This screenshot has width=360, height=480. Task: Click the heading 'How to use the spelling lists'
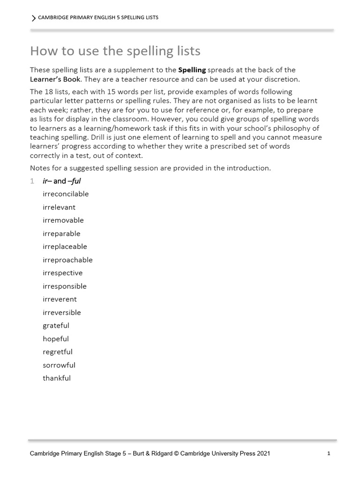115,51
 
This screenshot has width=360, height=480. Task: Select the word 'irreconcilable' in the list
66,194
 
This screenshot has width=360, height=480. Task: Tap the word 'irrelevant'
59,207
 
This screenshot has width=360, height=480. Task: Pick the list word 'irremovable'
63,220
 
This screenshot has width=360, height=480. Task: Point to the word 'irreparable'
61,233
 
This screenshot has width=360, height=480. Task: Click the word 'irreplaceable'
65,247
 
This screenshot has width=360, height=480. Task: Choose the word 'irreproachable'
67,260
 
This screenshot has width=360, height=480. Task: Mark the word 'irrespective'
62,273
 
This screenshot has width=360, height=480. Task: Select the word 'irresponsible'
65,286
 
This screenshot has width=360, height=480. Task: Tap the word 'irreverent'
60,299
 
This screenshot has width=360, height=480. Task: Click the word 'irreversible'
62,312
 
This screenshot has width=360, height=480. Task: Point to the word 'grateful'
56,325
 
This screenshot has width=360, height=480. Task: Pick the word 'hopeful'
56,338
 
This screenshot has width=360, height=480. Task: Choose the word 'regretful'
58,352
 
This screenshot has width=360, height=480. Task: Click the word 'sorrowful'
59,365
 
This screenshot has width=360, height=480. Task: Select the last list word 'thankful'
57,378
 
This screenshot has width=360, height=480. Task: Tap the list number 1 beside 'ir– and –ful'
32,181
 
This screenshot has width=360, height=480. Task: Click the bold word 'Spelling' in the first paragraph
192,70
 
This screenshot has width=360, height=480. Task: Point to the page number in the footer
329,453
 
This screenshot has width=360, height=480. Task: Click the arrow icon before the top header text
33,18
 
